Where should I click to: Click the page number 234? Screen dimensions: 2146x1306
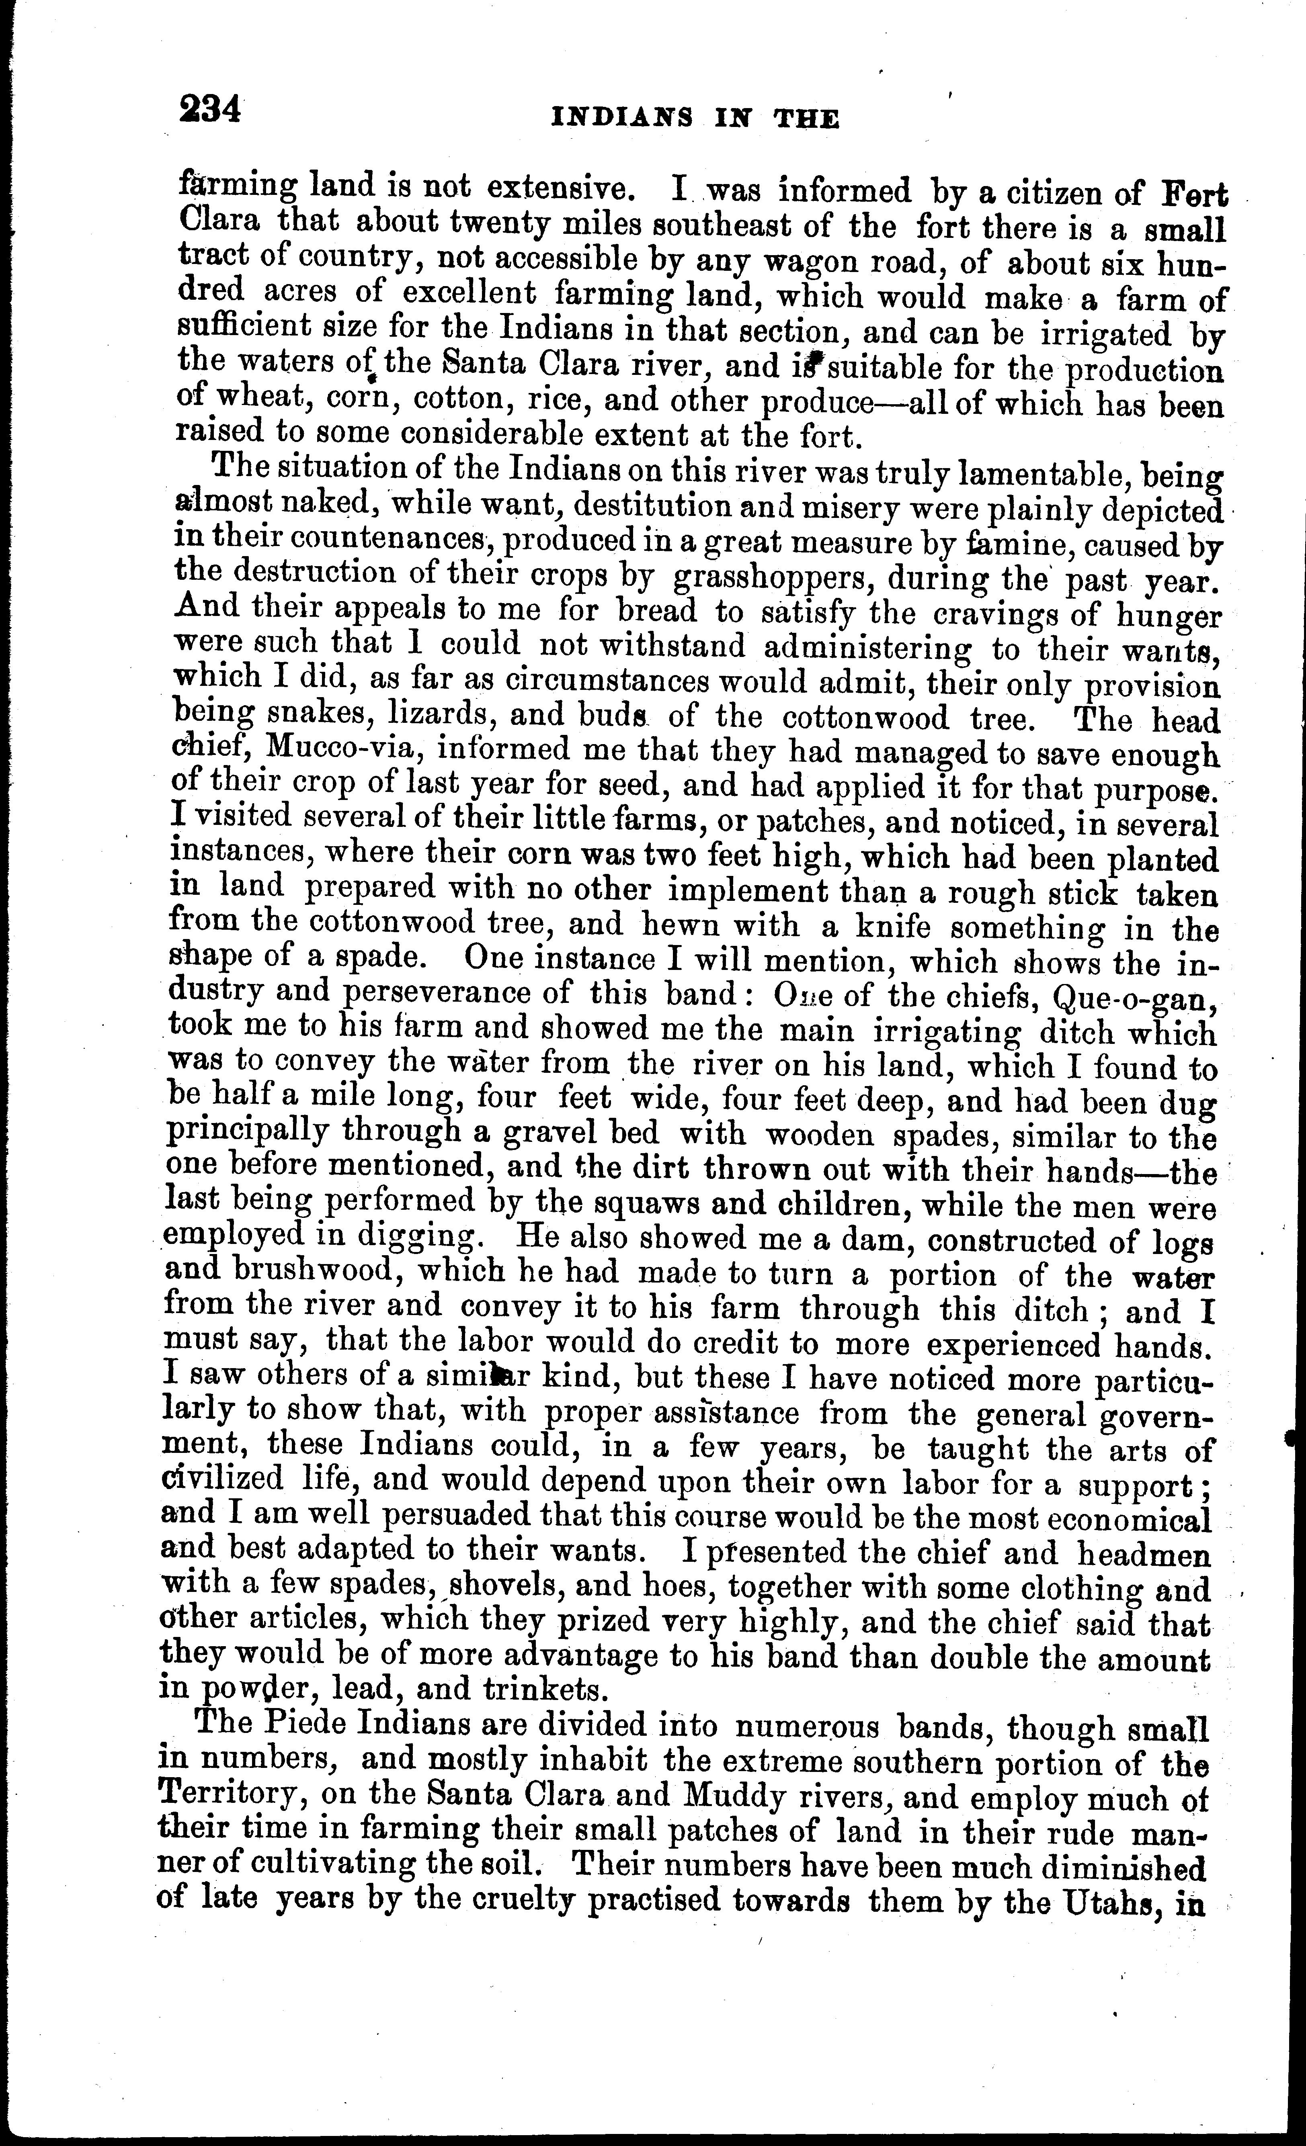[x=209, y=110]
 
